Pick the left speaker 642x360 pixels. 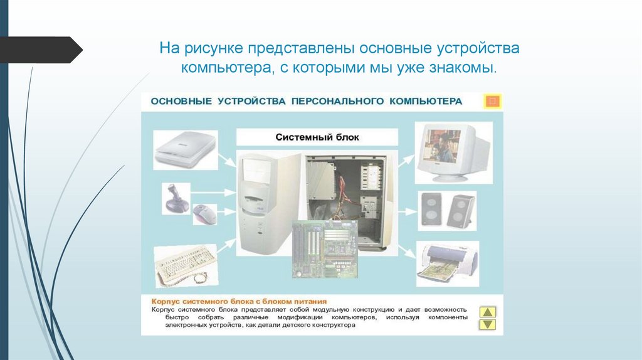click(x=431, y=209)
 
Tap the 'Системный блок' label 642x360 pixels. click(x=317, y=137)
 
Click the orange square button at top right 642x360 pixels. click(x=493, y=101)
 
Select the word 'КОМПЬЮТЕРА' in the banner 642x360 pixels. click(x=426, y=101)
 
